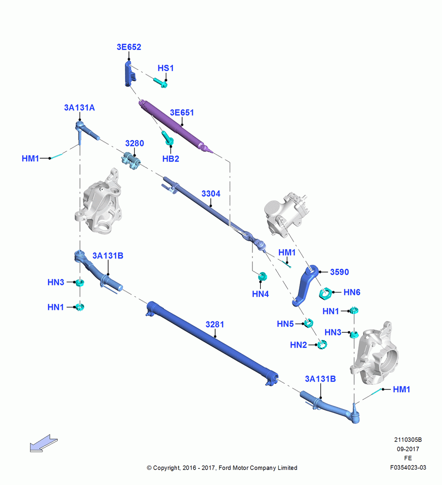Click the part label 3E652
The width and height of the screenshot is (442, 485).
[129, 47]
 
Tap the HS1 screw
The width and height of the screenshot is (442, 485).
[160, 82]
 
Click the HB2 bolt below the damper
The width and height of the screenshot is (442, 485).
[168, 138]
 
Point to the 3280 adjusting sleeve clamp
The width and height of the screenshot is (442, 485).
[131, 161]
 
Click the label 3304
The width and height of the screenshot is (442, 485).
[211, 194]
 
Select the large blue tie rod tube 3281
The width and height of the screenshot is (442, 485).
[212, 343]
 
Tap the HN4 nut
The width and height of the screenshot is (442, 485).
[262, 276]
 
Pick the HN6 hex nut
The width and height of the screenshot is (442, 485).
[326, 293]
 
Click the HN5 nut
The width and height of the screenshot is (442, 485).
[308, 323]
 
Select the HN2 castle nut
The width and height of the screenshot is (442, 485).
[322, 344]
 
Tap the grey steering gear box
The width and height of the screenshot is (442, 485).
[286, 214]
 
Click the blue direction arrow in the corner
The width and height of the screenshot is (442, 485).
[44, 444]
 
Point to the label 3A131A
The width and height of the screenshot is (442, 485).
[79, 108]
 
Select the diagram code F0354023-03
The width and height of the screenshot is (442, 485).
[408, 468]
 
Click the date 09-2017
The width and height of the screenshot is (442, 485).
[408, 449]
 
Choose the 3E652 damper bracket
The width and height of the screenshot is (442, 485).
[130, 74]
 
